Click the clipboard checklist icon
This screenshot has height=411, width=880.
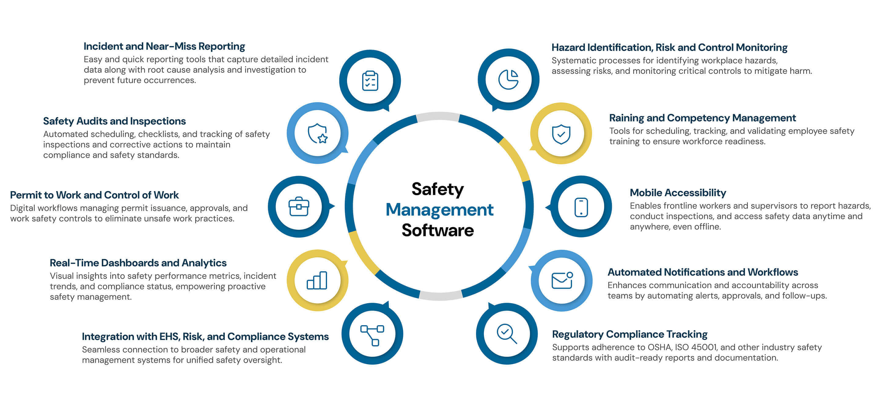coord(370,81)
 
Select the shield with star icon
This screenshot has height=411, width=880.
coord(318,133)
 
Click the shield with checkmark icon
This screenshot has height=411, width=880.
coord(561,134)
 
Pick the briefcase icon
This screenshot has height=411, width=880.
coord(299,207)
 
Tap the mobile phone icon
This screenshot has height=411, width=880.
coord(581,207)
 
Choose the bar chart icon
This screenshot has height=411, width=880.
coord(317,281)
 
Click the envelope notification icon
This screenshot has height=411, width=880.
coord(562,281)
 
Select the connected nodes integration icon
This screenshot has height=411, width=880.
coord(372,335)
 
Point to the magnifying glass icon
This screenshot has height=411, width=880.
coord(507,333)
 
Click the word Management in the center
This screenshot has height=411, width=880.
coord(439,210)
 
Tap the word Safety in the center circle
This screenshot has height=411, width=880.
coord(438,189)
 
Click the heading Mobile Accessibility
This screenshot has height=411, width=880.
coord(678,193)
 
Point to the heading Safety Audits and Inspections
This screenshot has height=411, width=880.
coord(115,121)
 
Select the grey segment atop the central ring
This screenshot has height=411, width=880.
coord(438,116)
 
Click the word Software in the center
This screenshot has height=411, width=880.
coord(438,230)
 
